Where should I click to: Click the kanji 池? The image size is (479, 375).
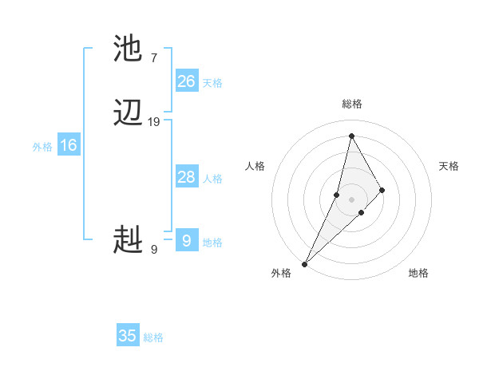[129, 49]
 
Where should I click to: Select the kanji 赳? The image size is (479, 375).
[129, 239]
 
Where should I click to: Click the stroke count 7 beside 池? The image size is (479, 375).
[154, 57]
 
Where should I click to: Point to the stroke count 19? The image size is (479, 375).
[154, 122]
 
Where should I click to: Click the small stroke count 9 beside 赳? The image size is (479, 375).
[154, 249]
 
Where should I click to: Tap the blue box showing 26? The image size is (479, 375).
[187, 81]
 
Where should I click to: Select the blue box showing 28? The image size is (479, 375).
[187, 177]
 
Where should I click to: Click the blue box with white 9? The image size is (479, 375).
[187, 240]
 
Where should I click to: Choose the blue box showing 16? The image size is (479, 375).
[69, 145]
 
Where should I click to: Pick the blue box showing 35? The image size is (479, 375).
[128, 336]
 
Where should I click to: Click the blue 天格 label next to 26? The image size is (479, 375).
[212, 83]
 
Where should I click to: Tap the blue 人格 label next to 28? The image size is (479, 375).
[212, 179]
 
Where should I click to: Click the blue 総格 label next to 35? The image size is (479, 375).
[153, 337]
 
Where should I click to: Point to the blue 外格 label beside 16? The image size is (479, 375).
[42, 147]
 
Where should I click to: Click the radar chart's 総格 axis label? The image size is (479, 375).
[351, 104]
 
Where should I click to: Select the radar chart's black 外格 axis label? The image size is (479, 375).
[281, 273]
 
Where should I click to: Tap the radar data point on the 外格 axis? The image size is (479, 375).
[304, 263]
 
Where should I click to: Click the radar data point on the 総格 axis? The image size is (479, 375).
[351, 136]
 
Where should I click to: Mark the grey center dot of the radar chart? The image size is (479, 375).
[351, 199]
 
